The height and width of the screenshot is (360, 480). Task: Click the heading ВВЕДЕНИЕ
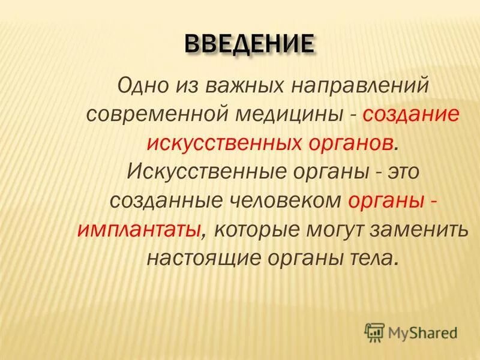(248, 44)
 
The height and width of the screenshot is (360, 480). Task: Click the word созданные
(158, 200)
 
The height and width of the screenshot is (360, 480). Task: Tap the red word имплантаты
(138, 229)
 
